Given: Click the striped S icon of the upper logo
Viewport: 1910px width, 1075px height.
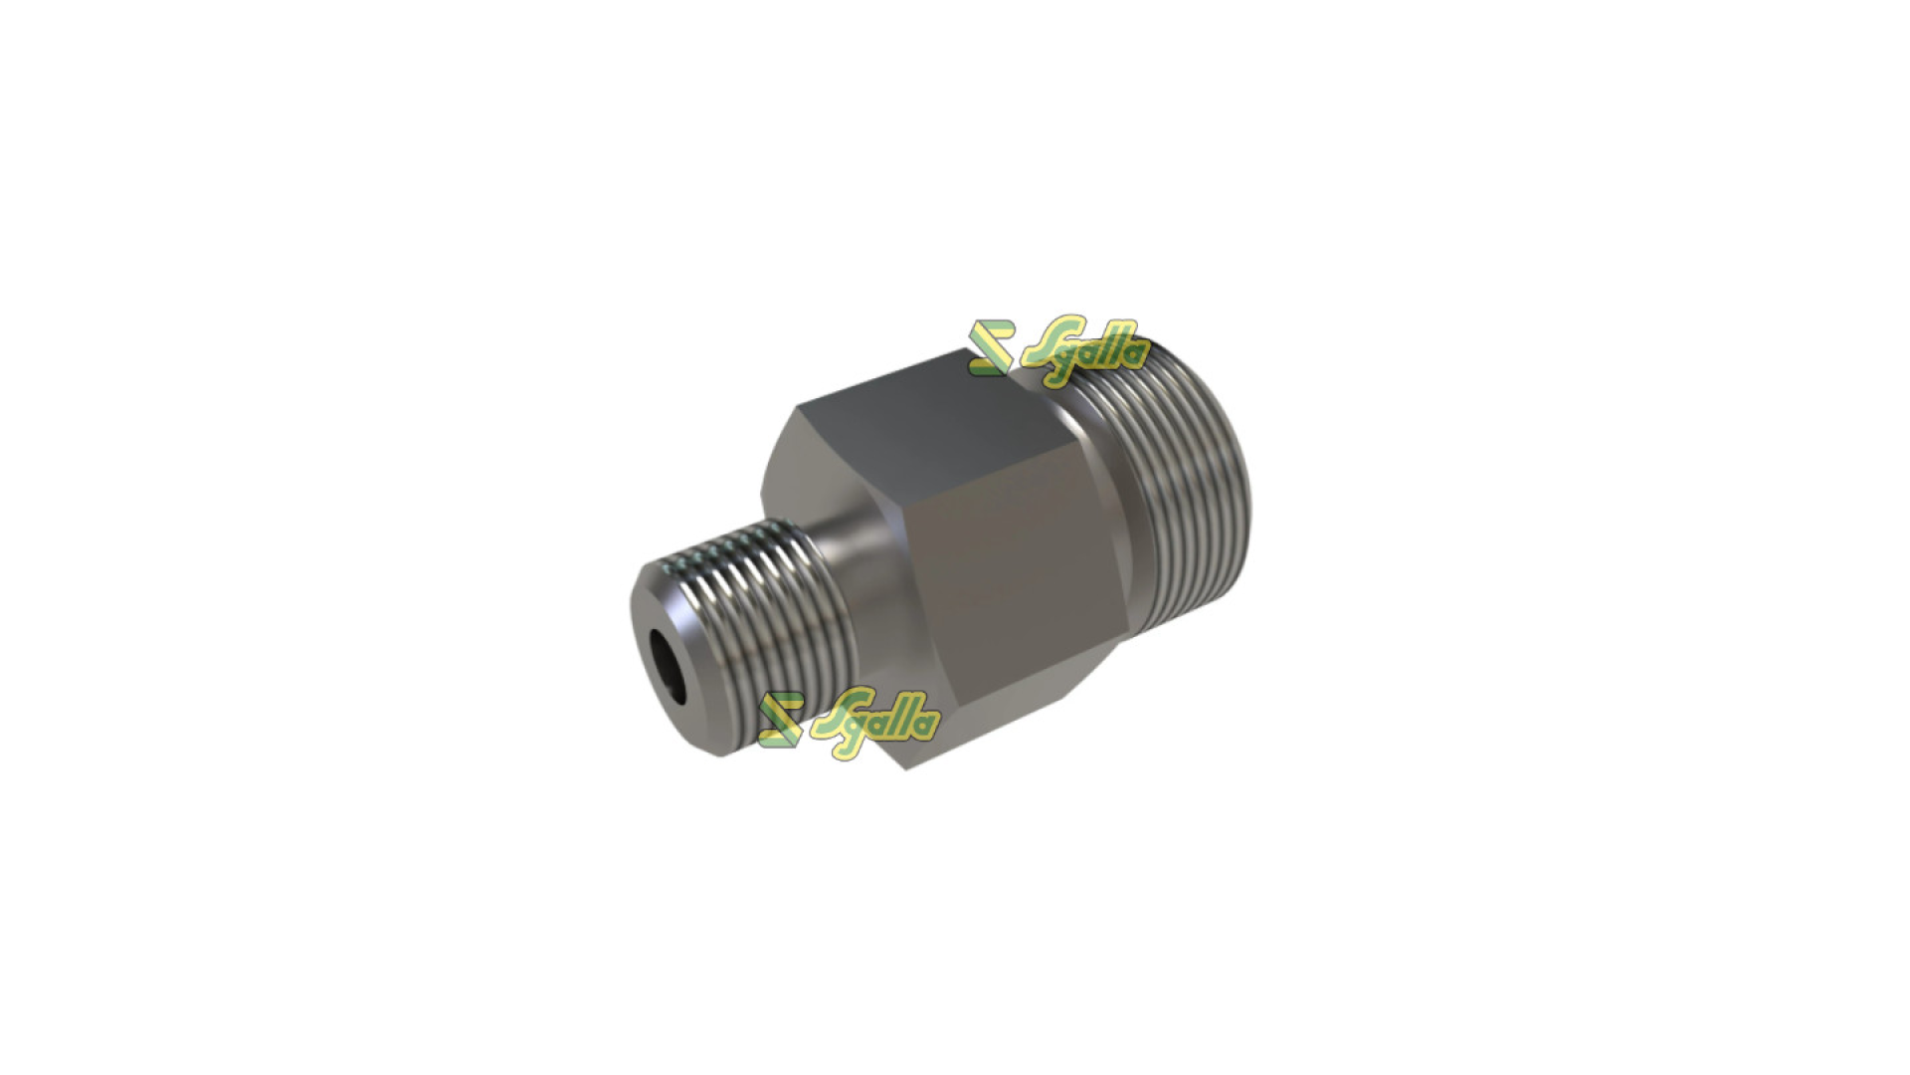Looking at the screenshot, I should click(x=992, y=348).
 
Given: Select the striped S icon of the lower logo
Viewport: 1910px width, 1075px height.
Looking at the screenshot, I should click(x=781, y=720).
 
